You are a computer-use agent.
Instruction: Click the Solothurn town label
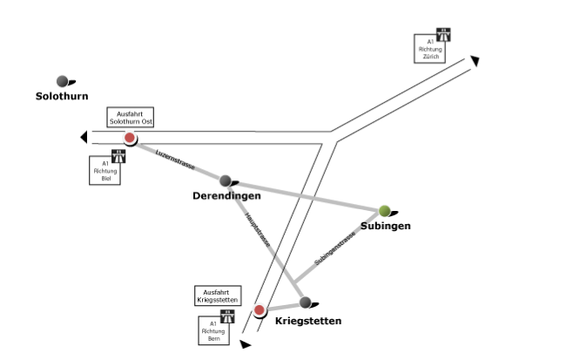[62, 96]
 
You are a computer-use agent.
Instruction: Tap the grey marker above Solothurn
[63, 81]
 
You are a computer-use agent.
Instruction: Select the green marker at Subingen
[384, 210]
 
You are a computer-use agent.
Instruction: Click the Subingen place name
[385, 226]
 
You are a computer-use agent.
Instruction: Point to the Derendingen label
[226, 196]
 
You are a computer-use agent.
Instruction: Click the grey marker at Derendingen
[226, 180]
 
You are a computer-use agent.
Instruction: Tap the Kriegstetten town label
[307, 321]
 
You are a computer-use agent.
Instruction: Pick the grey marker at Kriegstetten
[305, 302]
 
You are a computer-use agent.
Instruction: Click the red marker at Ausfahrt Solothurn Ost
[130, 138]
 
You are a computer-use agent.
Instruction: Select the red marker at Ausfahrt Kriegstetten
[259, 309]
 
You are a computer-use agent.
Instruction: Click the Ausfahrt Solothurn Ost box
[130, 119]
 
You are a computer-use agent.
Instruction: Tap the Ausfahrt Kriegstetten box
[217, 295]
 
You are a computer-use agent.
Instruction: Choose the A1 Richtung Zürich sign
[433, 46]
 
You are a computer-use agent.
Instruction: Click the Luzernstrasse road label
[174, 159]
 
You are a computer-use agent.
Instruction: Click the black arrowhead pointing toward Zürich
[475, 60]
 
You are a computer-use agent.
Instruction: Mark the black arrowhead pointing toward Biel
[83, 137]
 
